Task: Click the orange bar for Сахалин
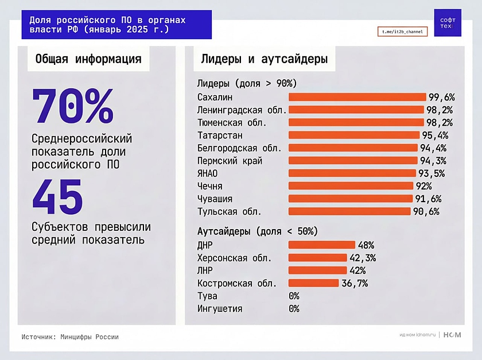point(357,97)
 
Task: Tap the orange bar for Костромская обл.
point(313,283)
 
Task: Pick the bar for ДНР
point(321,245)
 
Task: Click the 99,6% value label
point(441,97)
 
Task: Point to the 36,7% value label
point(355,283)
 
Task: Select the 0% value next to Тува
point(294,296)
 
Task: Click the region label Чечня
point(209,186)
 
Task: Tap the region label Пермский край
point(230,161)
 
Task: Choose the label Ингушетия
point(220,309)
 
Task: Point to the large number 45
point(57,196)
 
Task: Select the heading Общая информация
point(88,59)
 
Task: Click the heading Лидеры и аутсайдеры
point(264,59)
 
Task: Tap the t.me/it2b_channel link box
point(402,32)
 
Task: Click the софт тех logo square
point(448,23)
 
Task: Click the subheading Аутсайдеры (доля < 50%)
point(257,231)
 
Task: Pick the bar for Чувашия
point(350,199)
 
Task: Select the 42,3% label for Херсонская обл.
point(363,258)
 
